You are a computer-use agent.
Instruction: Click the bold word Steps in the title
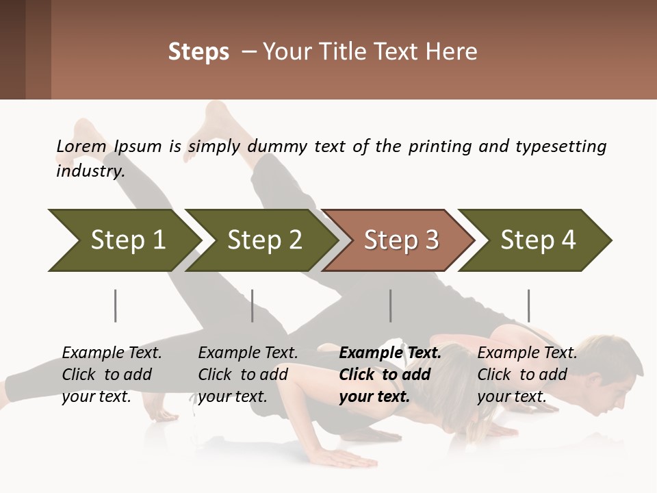198,52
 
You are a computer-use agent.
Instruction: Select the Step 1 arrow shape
123,240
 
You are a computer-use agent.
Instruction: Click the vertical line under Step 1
116,305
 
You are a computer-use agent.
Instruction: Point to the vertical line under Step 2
253,305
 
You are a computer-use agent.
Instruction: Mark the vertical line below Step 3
391,305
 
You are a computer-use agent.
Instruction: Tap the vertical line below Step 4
528,305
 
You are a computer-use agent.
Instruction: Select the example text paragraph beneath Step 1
112,375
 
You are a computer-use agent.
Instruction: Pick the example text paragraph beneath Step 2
248,375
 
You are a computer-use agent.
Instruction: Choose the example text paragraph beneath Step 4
527,375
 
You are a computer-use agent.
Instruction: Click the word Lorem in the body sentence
81,147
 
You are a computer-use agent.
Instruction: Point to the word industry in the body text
90,171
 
